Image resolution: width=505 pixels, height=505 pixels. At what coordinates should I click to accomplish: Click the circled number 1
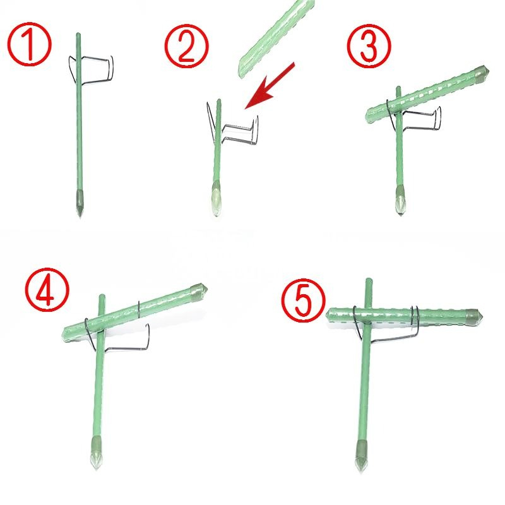click(29, 45)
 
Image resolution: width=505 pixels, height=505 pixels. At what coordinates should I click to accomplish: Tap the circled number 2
click(186, 45)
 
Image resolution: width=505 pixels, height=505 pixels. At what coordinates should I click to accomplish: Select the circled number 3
click(369, 45)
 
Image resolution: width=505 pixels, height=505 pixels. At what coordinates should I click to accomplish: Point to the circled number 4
click(47, 289)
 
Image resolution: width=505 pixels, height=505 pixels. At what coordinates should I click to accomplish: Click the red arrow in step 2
click(270, 86)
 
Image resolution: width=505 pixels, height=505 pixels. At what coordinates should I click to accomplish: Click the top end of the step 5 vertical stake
click(369, 280)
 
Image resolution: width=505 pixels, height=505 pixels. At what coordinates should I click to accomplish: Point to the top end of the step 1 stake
click(78, 34)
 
